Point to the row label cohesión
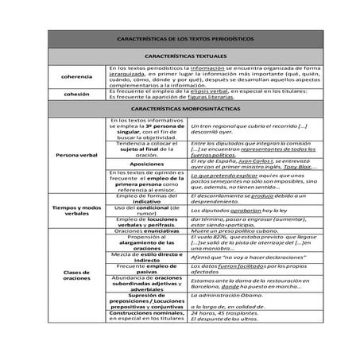[76, 93]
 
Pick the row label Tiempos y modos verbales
[76, 210]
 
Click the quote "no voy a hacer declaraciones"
[238, 257]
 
